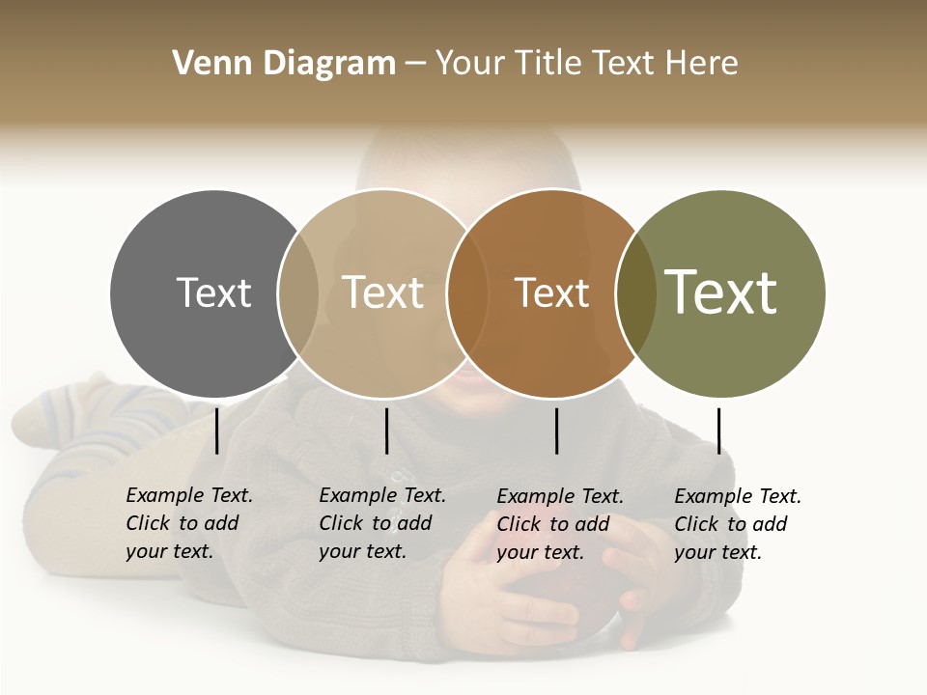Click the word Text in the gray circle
pyautogui.click(x=213, y=292)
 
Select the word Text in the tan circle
pyautogui.click(x=382, y=292)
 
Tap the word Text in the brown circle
pyautogui.click(x=551, y=292)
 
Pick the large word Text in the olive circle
pyautogui.click(x=721, y=292)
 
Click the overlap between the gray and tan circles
pyautogui.click(x=298, y=293)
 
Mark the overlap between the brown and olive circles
pyautogui.click(x=635, y=293)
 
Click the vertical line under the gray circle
pyautogui.click(x=216, y=431)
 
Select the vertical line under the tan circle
pyautogui.click(x=386, y=431)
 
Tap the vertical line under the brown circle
pyautogui.click(x=556, y=431)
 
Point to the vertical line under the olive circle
pyautogui.click(x=718, y=431)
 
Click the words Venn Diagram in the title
pyautogui.click(x=284, y=64)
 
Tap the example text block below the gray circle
pyautogui.click(x=189, y=523)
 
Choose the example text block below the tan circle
pyautogui.click(x=382, y=523)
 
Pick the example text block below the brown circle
pyautogui.click(x=560, y=523)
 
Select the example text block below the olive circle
pyautogui.click(x=738, y=523)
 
